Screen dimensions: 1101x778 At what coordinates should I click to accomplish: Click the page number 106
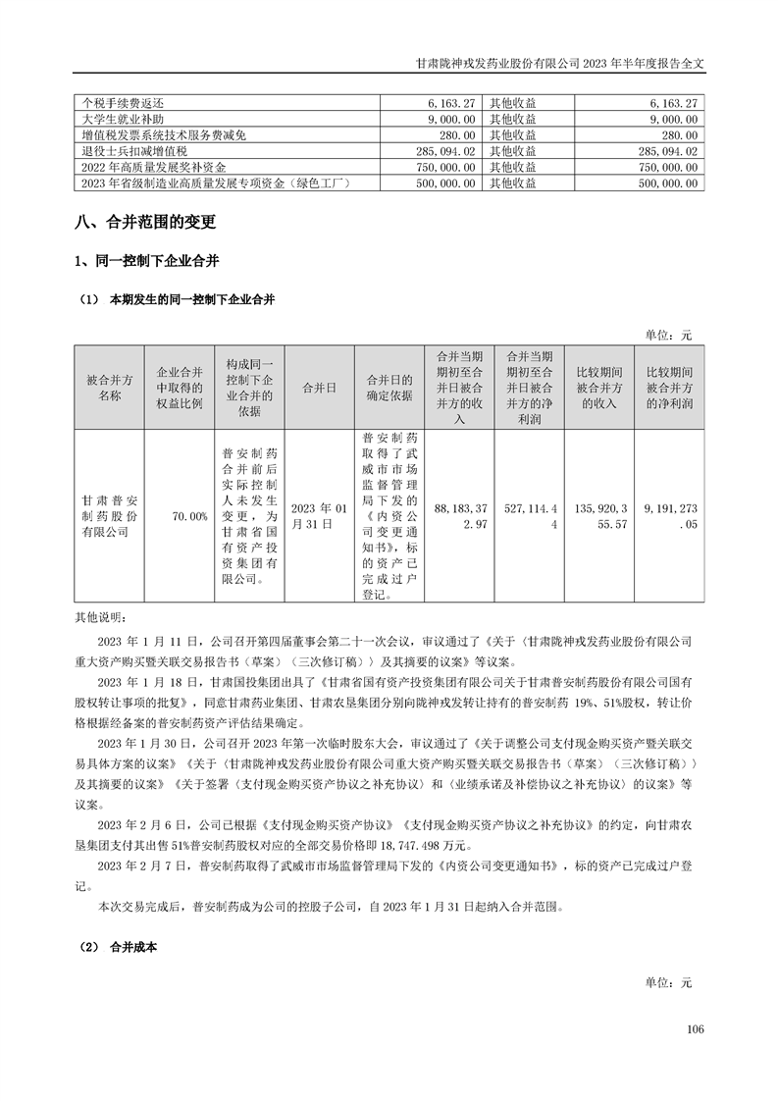point(697,1029)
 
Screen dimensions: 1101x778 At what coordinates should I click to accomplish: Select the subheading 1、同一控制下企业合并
point(147,262)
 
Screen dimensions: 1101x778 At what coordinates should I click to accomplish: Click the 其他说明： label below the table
point(101,617)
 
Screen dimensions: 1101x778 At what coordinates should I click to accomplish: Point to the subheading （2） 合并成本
point(121,949)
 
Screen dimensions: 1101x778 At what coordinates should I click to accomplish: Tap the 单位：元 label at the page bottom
point(668,981)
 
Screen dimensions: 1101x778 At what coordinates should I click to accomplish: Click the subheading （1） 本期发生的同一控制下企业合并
point(177,300)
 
